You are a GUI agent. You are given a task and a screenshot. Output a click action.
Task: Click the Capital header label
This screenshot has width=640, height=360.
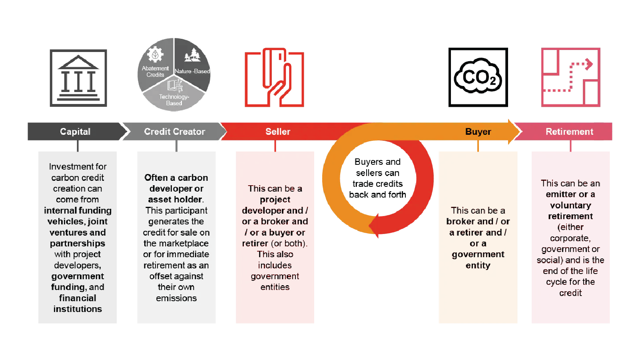point(75,132)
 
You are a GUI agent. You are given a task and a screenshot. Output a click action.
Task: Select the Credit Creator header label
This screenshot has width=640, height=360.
point(174,132)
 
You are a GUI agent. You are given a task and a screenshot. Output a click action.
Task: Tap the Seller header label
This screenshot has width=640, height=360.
point(278,132)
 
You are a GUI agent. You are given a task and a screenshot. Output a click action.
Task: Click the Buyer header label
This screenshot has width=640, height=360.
point(478,132)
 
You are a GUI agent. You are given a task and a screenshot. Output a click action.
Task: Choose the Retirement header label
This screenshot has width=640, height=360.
point(569,132)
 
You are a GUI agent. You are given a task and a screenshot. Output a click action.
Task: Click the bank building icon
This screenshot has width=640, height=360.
point(78,78)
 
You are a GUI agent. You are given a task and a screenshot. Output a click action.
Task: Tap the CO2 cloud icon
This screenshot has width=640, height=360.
point(478,77)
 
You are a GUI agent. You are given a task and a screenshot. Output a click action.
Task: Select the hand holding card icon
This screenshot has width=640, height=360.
point(275,78)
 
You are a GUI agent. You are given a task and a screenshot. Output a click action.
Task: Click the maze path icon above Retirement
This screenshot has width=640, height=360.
point(570,77)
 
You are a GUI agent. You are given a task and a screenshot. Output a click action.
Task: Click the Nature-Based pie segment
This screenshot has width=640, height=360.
point(193,64)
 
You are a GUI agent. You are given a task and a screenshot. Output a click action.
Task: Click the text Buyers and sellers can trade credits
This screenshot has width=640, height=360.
point(378,178)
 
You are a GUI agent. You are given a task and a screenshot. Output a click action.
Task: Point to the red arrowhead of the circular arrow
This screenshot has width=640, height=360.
point(375,226)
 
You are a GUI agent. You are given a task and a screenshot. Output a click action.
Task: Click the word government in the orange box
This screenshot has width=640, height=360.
point(478,254)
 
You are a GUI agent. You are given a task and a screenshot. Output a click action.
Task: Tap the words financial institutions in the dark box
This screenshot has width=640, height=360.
point(78,304)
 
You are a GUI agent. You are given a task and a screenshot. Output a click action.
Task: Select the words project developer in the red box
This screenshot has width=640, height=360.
point(275,205)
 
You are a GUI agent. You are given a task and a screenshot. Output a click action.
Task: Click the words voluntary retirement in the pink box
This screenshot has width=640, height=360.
point(570,211)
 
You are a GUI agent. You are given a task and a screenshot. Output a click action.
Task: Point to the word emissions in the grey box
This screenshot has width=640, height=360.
point(176,298)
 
